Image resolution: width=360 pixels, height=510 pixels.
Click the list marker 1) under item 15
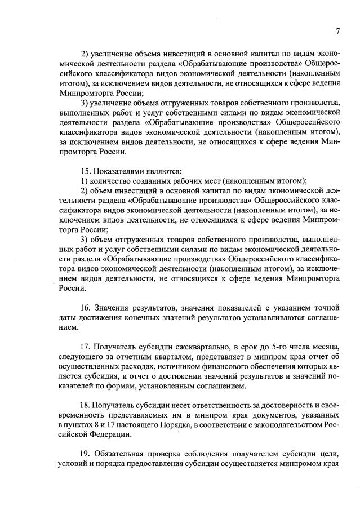[x=84, y=180]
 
